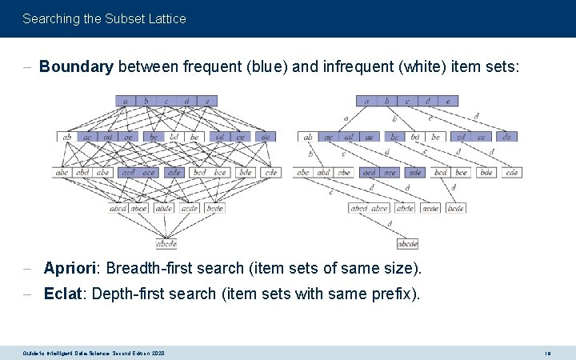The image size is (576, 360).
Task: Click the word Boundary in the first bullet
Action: (76, 67)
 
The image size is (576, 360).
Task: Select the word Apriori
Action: (71, 267)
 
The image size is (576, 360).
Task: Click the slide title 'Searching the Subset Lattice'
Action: (104, 18)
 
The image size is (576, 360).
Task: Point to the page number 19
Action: (548, 353)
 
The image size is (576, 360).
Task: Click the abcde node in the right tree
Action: (408, 244)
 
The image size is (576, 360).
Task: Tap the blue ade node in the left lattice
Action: (174, 173)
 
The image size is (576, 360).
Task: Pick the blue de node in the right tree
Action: (506, 137)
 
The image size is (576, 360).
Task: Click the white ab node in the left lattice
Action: (66, 137)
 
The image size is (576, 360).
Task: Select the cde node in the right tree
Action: (512, 173)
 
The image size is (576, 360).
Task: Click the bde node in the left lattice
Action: (246, 173)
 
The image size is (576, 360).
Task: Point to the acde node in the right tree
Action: (430, 208)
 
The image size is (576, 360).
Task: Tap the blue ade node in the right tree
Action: (414, 173)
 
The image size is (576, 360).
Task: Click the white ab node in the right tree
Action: (308, 137)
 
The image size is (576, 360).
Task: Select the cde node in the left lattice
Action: (271, 173)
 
